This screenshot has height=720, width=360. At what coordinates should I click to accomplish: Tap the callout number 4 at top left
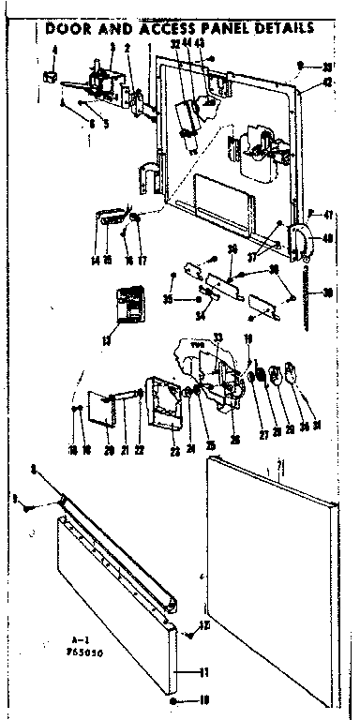[x=53, y=49]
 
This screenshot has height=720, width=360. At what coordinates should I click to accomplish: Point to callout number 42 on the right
[x=326, y=82]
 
